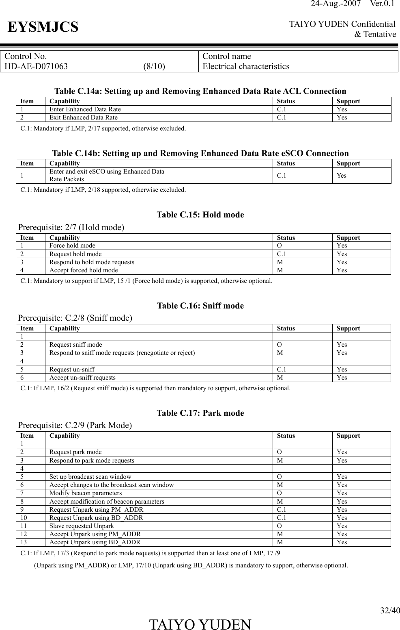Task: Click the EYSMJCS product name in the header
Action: (43, 27)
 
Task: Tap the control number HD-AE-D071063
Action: (36, 66)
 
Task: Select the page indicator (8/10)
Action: (154, 66)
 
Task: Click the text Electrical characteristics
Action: (246, 66)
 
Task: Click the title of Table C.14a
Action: (200, 91)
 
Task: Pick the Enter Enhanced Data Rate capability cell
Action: (85, 109)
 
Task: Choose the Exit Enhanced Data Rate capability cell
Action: (83, 117)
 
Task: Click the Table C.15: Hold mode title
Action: (200, 215)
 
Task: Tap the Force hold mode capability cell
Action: (72, 245)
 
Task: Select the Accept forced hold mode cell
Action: (84, 270)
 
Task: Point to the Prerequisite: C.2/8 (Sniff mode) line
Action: (75, 318)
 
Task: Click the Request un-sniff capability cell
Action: (72, 369)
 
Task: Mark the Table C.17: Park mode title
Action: (200, 413)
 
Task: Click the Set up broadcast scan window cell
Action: (90, 477)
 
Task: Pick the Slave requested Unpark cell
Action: (82, 526)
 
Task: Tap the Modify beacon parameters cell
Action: (85, 493)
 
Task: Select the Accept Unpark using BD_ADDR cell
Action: (95, 542)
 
